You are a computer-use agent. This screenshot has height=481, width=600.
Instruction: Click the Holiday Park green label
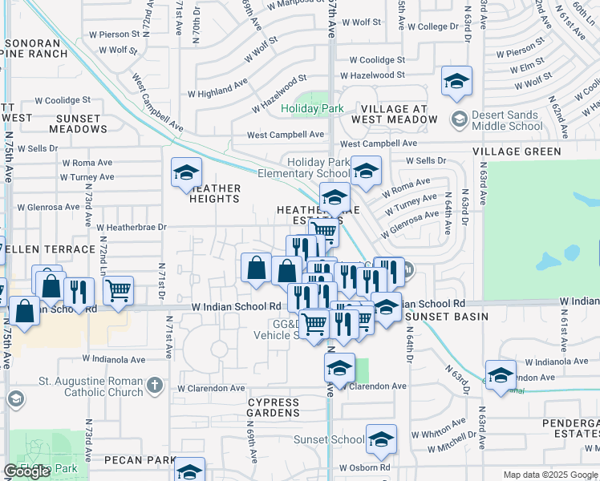[x=312, y=108]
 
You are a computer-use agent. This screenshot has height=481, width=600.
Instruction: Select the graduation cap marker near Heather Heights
[x=186, y=172]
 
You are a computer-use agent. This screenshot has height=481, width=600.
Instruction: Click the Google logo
[x=26, y=472]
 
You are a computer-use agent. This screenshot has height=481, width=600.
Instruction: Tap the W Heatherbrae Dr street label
[x=131, y=227]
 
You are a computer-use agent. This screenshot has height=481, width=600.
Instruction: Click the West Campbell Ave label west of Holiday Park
[x=285, y=135]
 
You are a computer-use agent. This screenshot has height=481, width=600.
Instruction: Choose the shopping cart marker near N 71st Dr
[x=118, y=289]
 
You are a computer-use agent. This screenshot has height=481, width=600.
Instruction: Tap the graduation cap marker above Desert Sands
[x=456, y=81]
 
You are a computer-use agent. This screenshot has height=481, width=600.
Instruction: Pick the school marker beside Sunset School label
[x=381, y=439]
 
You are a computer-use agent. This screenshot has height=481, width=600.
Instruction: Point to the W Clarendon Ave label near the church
[x=211, y=388]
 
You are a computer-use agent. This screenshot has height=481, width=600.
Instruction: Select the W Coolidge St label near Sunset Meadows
[x=65, y=100]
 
